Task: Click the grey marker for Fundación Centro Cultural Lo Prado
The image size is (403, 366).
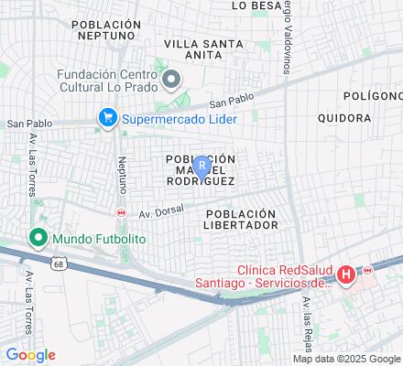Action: [170, 81]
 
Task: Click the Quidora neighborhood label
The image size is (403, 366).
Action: [343, 118]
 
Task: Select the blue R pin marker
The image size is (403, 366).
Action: [201, 167]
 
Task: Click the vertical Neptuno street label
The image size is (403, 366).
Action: [122, 173]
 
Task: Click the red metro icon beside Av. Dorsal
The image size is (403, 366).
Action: [120, 212]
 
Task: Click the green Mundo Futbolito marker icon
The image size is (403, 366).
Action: [38, 240]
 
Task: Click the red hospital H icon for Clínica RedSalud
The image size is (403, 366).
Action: [346, 274]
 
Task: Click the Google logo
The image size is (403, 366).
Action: [30, 355]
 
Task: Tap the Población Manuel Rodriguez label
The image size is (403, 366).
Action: [201, 169]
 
